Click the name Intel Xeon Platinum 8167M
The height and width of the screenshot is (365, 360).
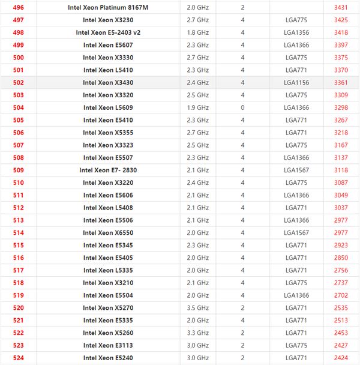(x=108, y=7)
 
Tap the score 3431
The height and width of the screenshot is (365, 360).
(x=341, y=7)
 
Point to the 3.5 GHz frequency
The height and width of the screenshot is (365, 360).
(x=198, y=308)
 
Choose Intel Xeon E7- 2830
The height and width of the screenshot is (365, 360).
(x=108, y=170)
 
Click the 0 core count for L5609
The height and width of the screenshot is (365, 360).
(x=242, y=107)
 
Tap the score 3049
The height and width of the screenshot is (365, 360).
(x=341, y=195)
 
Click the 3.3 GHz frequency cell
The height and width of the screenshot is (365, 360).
(x=198, y=333)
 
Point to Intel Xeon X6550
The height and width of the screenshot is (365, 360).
(x=108, y=233)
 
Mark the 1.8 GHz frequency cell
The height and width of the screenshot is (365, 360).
(x=198, y=32)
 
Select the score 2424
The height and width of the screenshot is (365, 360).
(x=341, y=358)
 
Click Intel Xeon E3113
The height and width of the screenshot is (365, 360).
(x=108, y=346)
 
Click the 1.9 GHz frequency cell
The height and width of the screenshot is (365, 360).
(x=198, y=107)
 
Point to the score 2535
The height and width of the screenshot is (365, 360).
(x=341, y=308)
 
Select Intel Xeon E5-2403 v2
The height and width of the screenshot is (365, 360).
(x=108, y=32)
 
